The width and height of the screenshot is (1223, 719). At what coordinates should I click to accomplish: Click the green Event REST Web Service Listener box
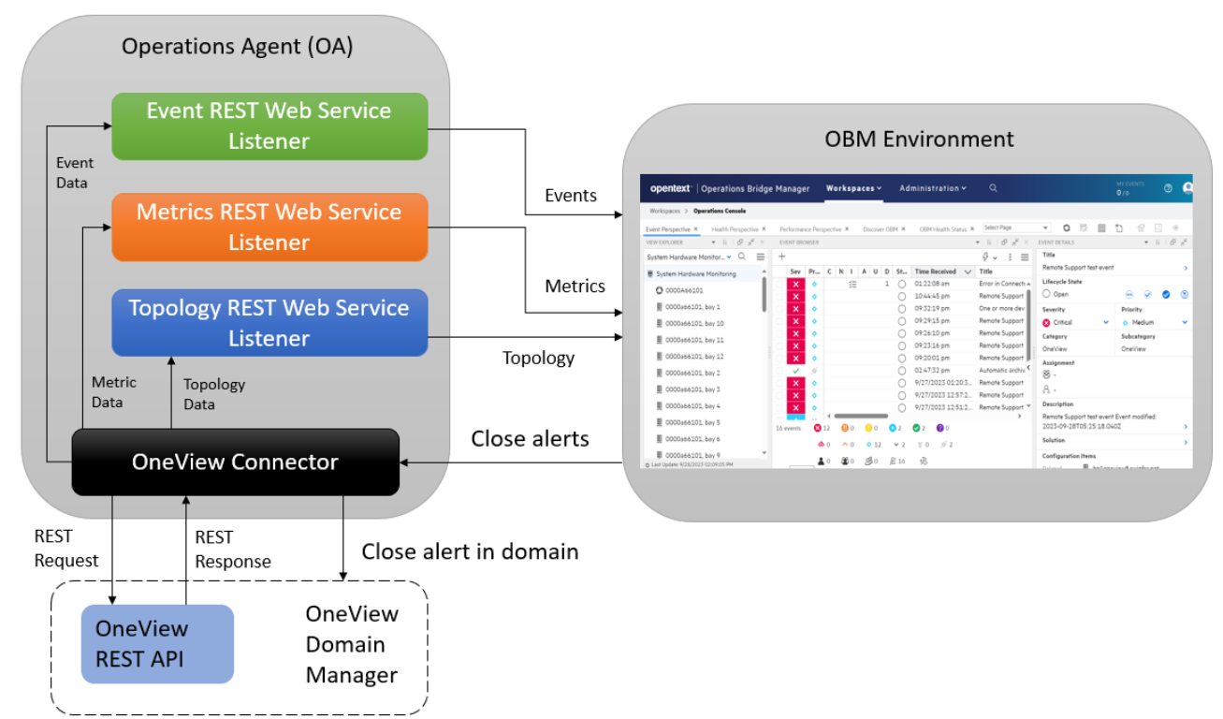tap(269, 125)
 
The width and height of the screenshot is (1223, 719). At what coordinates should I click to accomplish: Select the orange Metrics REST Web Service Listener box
tap(269, 227)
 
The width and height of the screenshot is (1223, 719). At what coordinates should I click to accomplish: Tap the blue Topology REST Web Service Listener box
tap(269, 322)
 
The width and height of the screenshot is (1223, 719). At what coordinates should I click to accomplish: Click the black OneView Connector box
tap(235, 462)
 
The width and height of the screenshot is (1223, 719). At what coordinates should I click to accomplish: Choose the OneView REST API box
tap(157, 644)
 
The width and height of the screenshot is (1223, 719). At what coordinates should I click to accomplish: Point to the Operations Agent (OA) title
tap(238, 47)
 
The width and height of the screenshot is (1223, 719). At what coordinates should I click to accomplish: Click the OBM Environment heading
tap(919, 139)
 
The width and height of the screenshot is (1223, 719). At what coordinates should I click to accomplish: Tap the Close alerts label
tap(530, 438)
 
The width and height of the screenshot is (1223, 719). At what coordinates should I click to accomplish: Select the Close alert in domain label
tap(470, 551)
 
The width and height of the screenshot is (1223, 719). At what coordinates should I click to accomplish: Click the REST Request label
tap(66, 549)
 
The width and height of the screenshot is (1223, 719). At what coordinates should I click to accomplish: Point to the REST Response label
tap(232, 550)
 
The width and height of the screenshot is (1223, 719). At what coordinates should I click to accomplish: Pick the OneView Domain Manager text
tap(352, 644)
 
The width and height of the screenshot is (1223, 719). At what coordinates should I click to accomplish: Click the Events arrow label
tap(571, 195)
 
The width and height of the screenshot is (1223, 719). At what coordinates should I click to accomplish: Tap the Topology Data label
tap(213, 394)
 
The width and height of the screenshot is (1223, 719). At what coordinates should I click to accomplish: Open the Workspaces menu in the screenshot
tap(852, 188)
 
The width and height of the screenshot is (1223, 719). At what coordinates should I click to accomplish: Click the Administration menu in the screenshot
tap(932, 188)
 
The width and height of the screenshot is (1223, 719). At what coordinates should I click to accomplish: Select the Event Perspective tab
tap(668, 228)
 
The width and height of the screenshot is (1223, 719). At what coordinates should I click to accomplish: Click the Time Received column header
tap(936, 271)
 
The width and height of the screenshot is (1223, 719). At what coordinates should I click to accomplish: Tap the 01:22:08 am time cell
tap(932, 284)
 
